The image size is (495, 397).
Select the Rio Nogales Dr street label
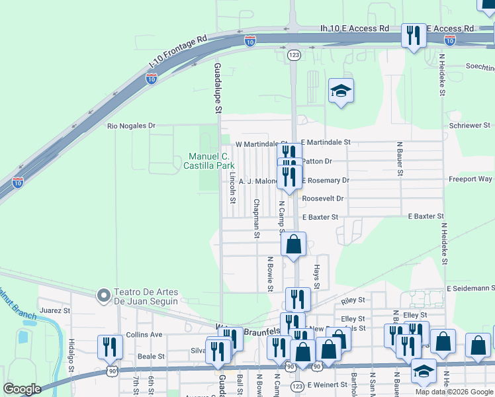coord(132,125)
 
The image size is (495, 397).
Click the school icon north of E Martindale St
coord(341,92)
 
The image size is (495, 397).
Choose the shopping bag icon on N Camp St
coord(293,244)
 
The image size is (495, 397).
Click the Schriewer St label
coord(469,125)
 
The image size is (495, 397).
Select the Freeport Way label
coord(470,179)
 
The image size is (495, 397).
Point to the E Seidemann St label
coord(471,288)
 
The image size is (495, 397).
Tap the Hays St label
coord(316,273)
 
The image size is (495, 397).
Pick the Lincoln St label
coord(232,189)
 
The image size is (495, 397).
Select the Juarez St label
coord(55,310)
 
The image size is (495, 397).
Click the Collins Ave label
coord(144,335)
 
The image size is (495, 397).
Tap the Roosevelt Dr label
coord(323,198)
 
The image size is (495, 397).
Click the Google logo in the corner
coord(22,389)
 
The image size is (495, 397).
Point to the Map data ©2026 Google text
coord(454,392)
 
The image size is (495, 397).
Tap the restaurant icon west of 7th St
coord(110,347)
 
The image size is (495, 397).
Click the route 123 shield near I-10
coord(293,56)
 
